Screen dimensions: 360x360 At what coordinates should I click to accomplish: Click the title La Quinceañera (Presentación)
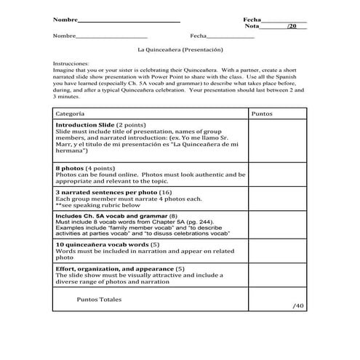click(x=179, y=50)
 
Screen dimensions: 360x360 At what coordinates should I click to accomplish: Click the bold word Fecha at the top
click(x=251, y=19)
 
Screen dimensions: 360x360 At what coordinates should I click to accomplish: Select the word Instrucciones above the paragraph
click(x=71, y=64)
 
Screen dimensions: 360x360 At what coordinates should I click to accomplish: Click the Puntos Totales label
click(x=99, y=299)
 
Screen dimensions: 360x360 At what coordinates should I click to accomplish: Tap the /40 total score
click(x=298, y=306)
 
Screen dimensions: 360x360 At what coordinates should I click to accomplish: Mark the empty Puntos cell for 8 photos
click(x=277, y=175)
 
